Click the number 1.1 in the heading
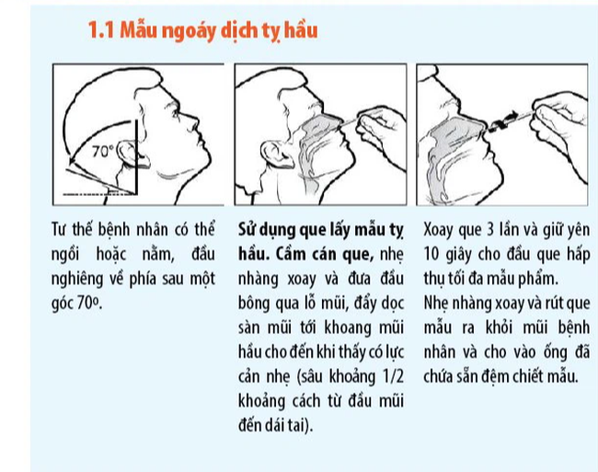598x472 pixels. tap(100, 31)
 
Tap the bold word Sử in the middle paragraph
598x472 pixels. tap(249, 229)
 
